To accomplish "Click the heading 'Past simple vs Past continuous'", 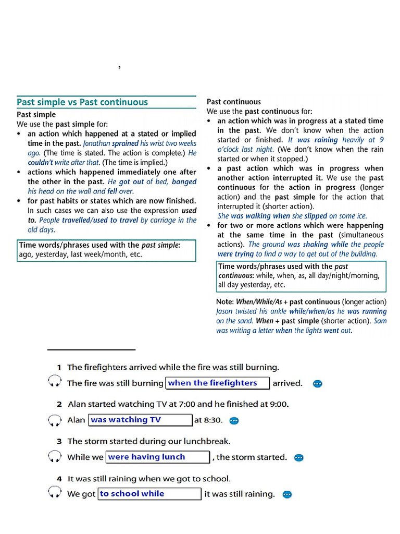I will (x=82, y=102).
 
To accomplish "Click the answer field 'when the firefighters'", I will (x=217, y=383).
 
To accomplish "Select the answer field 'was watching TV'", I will (x=141, y=420).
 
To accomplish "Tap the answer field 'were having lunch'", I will (x=158, y=457).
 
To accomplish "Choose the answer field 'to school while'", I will (x=149, y=494).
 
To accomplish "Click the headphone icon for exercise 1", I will (x=55, y=383).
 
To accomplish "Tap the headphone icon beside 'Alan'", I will (x=55, y=420).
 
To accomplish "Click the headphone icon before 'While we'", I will (x=55, y=457).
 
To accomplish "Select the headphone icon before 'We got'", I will (x=55, y=494).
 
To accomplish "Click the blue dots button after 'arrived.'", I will (x=317, y=384).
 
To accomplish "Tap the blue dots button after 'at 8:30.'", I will (x=234, y=420).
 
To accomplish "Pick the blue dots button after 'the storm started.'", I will (x=298, y=458).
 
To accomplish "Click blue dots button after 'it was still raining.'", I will (x=286, y=494).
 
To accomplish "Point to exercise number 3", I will (x=59, y=441).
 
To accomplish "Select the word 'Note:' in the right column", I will (x=225, y=302).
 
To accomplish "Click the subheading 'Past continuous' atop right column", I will (x=234, y=102).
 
